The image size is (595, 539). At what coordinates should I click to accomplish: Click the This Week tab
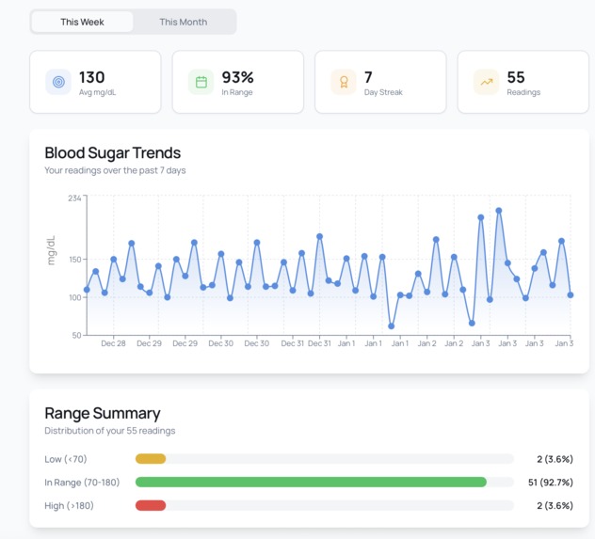click(x=82, y=22)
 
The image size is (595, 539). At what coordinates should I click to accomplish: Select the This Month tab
click(x=183, y=22)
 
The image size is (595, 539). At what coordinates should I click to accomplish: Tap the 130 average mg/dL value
click(x=92, y=77)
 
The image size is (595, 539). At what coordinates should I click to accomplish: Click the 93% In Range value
click(x=237, y=77)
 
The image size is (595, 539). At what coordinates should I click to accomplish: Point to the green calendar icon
click(x=201, y=83)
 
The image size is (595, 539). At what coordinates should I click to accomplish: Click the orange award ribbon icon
click(x=344, y=83)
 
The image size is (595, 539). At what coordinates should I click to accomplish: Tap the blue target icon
click(x=58, y=83)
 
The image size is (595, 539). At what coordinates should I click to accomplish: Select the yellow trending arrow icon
click(x=487, y=83)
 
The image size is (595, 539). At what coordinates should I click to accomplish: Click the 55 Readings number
click(x=516, y=77)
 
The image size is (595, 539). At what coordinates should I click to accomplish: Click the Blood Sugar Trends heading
click(x=112, y=152)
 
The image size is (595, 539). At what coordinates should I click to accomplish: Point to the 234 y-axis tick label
click(x=74, y=198)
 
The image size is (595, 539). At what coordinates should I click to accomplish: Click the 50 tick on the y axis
click(x=76, y=335)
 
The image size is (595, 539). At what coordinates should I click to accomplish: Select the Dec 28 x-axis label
click(x=113, y=343)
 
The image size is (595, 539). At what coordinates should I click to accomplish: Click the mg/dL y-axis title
click(x=52, y=249)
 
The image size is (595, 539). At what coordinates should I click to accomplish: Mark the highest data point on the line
click(x=498, y=211)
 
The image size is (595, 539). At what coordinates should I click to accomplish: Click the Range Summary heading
click(x=102, y=413)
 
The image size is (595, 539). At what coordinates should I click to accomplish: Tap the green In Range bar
click(x=311, y=482)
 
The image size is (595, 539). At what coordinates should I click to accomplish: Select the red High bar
click(x=151, y=505)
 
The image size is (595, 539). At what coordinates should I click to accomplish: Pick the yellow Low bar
click(x=151, y=459)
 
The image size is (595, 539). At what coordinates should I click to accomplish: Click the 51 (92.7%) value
click(x=548, y=482)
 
